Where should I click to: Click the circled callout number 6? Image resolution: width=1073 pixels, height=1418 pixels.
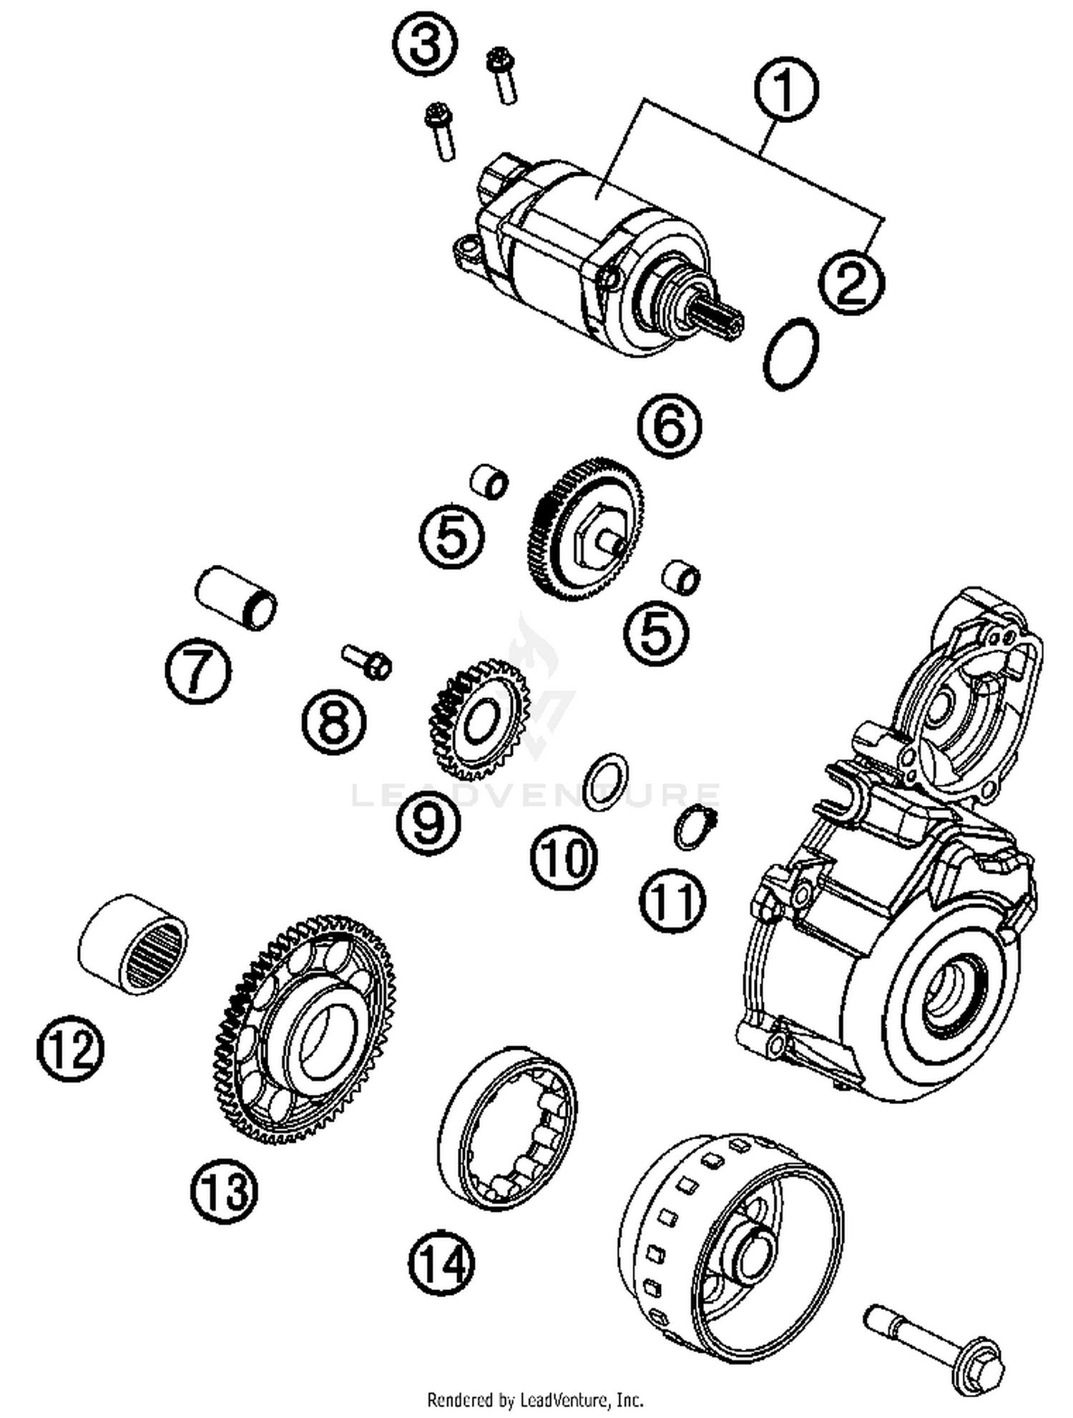670,426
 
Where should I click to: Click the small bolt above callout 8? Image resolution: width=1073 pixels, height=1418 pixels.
367,660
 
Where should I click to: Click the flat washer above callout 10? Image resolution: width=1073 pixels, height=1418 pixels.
607,782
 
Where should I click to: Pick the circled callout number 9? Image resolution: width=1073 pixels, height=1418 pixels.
428,822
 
